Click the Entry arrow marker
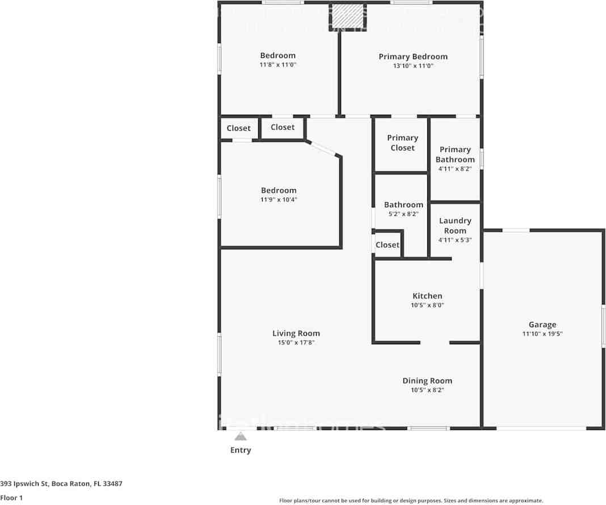pos(241,436)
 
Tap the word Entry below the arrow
pos(241,450)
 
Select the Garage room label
pos(542,325)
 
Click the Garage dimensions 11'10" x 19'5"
pos(542,334)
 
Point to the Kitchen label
pos(427,296)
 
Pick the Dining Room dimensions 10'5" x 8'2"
pos(427,390)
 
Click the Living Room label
pos(296,333)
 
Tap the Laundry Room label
pos(455,226)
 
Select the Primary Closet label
pos(402,143)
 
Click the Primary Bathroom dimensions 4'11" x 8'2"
pos(455,169)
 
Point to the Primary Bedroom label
pos(413,56)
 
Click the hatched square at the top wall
pos(347,16)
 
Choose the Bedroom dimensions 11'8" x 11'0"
pos(278,65)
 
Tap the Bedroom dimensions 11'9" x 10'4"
pos(279,200)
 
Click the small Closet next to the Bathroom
pos(388,245)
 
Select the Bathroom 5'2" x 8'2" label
pos(403,204)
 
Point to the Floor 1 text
pos(11,498)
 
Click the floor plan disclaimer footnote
pos(411,500)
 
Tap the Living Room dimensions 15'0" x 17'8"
pos(296,343)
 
